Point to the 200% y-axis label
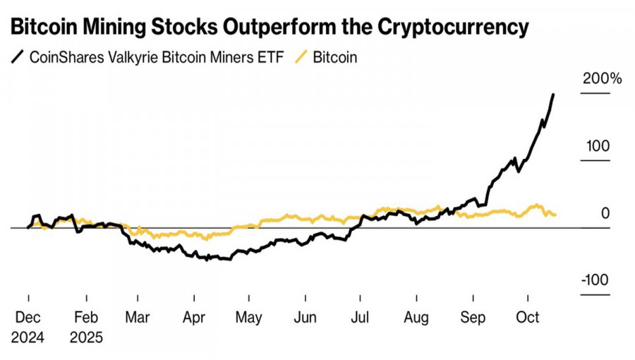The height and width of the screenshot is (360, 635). pos(602,79)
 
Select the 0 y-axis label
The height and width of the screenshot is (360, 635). pos(605,214)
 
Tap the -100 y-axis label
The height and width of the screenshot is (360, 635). pos(595,280)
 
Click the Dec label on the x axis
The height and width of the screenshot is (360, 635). pos(28,318)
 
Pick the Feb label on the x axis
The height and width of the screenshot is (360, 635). pos(85,318)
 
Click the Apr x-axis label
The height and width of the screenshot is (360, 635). pos(194,318)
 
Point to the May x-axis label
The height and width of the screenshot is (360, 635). pos(248,318)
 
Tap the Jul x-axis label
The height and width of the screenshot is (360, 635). pos(360,318)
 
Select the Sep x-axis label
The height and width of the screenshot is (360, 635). pos(472,318)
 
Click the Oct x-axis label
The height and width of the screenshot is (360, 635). pos(528,318)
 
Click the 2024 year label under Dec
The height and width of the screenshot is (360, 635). pos(28,338)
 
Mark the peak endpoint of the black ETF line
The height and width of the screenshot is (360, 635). pos(553,95)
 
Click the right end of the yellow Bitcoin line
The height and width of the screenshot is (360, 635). pos(555,215)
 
